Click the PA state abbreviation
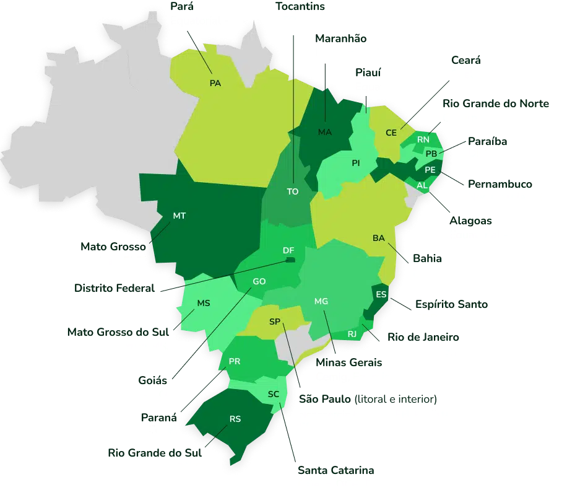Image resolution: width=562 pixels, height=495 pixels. coord(215,84)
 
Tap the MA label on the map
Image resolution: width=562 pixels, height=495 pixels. coord(324,133)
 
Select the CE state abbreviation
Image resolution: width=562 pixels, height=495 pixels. coord(391,133)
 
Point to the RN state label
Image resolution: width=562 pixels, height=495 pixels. coord(423,140)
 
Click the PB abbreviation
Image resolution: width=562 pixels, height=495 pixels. coord(431,154)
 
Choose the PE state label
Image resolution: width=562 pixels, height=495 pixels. coord(430,169)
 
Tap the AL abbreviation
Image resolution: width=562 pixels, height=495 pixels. coord(423,185)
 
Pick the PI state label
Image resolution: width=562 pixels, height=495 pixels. coord(356,163)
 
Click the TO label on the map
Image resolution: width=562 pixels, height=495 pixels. coord(293,191)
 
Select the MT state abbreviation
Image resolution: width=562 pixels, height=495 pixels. coord(179,216)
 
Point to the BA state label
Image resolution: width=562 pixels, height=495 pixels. coord(379,239)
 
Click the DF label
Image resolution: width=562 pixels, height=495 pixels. coord(288,250)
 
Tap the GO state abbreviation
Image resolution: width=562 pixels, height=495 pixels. coord(259,281)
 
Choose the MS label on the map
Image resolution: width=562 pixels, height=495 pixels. coord(204,303)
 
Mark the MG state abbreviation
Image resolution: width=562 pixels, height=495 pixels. coord(321,301)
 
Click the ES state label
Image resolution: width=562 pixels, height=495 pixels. coord(381,295)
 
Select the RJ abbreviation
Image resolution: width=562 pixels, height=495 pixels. coord(353,334)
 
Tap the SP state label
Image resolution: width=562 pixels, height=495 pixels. coord(275,322)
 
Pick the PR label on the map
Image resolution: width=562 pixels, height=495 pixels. coord(235,361)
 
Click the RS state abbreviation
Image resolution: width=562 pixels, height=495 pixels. coord(235,419)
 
